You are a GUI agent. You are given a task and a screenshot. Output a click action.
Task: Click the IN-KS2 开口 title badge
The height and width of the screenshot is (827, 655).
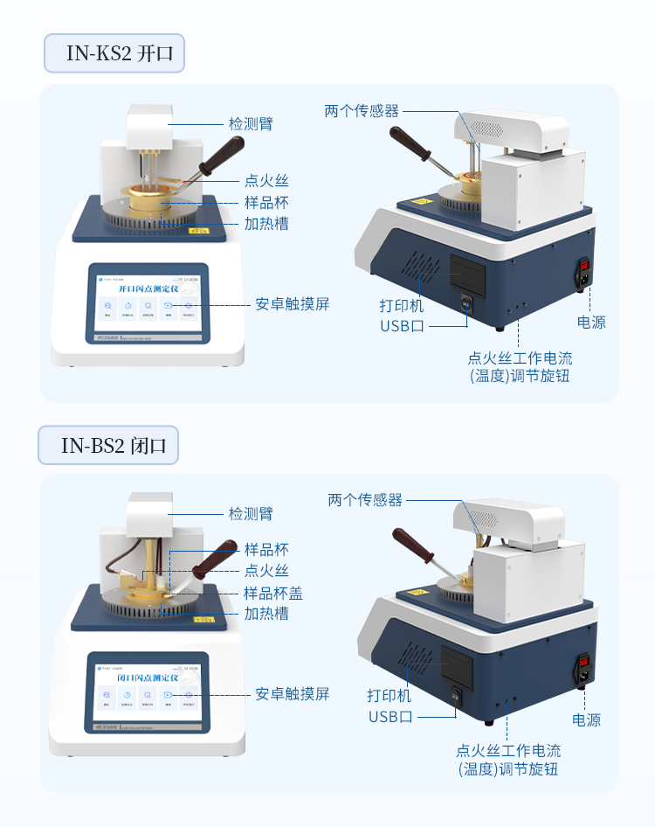pyautogui.click(x=114, y=54)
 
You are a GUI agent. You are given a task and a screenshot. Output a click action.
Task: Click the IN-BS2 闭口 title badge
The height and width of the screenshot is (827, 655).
pyautogui.click(x=109, y=445)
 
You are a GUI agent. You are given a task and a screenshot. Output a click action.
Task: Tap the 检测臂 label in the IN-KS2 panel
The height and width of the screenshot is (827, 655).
pyautogui.click(x=251, y=124)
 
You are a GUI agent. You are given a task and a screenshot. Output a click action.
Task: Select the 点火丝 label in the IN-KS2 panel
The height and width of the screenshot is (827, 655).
pyautogui.click(x=266, y=181)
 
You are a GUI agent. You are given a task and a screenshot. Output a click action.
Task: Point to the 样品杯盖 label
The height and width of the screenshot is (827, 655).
pyautogui.click(x=273, y=593)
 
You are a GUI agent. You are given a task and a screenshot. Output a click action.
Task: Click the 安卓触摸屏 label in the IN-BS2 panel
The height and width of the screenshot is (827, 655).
pyautogui.click(x=293, y=693)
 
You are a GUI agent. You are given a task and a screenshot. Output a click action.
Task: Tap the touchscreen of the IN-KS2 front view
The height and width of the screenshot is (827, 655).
pyautogui.click(x=148, y=302)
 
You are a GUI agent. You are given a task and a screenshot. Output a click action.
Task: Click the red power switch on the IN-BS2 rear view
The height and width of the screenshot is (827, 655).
pyautogui.click(x=578, y=662)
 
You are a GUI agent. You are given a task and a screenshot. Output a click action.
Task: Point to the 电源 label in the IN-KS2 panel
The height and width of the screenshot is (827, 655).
pyautogui.click(x=591, y=322)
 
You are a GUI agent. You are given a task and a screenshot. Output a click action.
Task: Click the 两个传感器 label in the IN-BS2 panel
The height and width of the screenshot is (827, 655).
pyautogui.click(x=365, y=500)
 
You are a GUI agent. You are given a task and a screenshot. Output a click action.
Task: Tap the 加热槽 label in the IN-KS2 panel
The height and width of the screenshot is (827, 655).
pyautogui.click(x=266, y=223)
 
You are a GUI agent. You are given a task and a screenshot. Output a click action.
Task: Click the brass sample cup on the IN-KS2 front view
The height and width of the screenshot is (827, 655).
pyautogui.click(x=155, y=198)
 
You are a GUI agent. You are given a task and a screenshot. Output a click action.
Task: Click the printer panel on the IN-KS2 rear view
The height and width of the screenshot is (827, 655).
pyautogui.click(x=466, y=275)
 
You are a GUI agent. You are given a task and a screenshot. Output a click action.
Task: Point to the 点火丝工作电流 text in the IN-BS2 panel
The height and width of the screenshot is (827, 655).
pyautogui.click(x=508, y=750)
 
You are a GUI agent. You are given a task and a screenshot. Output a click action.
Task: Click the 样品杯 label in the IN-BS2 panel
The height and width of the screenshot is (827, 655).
pyautogui.click(x=266, y=550)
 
